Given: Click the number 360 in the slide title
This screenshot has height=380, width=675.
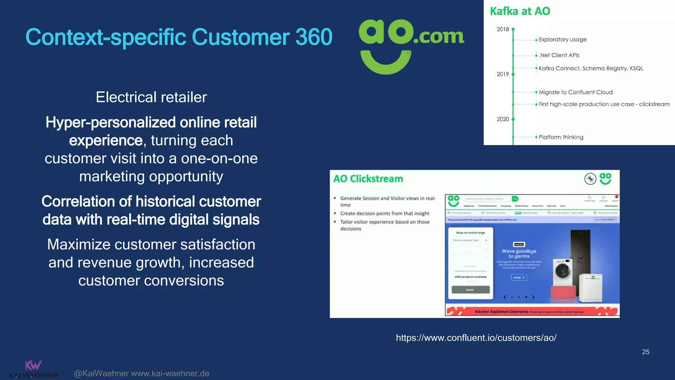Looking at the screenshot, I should tap(313, 37).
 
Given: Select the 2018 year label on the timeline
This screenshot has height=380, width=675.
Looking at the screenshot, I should tap(503, 29).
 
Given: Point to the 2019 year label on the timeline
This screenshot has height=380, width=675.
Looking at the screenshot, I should tap(503, 74).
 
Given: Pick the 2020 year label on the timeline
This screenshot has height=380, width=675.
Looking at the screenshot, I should tap(503, 119).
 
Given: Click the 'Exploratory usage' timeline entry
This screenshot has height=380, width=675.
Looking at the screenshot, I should tap(562, 40).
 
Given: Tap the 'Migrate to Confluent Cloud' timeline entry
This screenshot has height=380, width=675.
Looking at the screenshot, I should tap(575, 92).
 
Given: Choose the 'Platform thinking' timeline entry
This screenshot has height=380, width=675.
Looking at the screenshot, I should tap(561, 137).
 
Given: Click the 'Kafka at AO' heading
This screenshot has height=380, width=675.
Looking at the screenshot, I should tap(520, 11).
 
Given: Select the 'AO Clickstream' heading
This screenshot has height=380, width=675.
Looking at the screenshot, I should tap(368, 179).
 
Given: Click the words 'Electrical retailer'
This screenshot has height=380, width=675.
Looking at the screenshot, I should tap(151, 97).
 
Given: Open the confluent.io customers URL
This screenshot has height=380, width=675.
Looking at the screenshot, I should tap(476, 338).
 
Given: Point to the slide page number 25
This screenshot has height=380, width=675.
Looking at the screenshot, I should tap(645, 352).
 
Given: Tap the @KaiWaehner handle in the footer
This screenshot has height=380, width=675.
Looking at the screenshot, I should tap(101, 373).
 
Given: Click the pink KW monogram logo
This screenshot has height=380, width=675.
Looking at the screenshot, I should tap(33, 365).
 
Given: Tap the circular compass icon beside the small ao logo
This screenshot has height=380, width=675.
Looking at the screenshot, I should tap(590, 179).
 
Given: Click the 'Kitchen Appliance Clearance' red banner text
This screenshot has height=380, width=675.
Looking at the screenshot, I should tap(501, 312).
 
